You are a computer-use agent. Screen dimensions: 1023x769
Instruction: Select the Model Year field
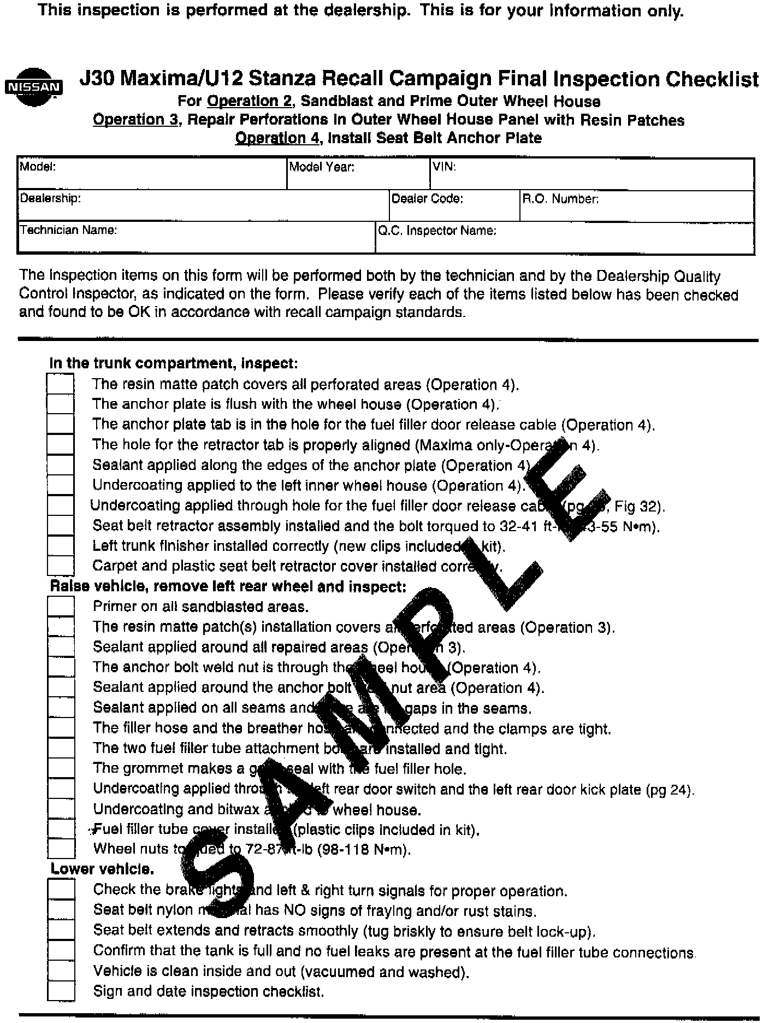[358, 174]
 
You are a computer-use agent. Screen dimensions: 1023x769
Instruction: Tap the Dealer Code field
[454, 206]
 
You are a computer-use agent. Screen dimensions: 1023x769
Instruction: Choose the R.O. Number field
[636, 206]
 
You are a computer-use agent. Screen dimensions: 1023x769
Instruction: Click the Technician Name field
[196, 237]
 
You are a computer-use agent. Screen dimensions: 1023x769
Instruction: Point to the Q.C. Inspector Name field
[564, 238]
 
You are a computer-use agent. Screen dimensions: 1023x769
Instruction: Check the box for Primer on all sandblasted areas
[61, 606]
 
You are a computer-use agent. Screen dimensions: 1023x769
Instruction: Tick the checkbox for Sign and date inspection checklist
[61, 991]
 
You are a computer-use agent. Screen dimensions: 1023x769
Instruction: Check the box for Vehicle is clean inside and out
[61, 971]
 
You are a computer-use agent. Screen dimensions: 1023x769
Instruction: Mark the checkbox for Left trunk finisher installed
[60, 545]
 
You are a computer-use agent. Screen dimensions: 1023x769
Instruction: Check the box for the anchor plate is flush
[60, 404]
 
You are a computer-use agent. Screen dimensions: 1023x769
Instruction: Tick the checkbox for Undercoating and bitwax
[61, 809]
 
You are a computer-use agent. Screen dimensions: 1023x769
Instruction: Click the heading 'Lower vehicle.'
[102, 869]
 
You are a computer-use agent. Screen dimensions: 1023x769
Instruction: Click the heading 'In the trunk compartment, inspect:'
[174, 363]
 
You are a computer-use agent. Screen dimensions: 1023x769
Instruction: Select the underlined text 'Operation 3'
[135, 120]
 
